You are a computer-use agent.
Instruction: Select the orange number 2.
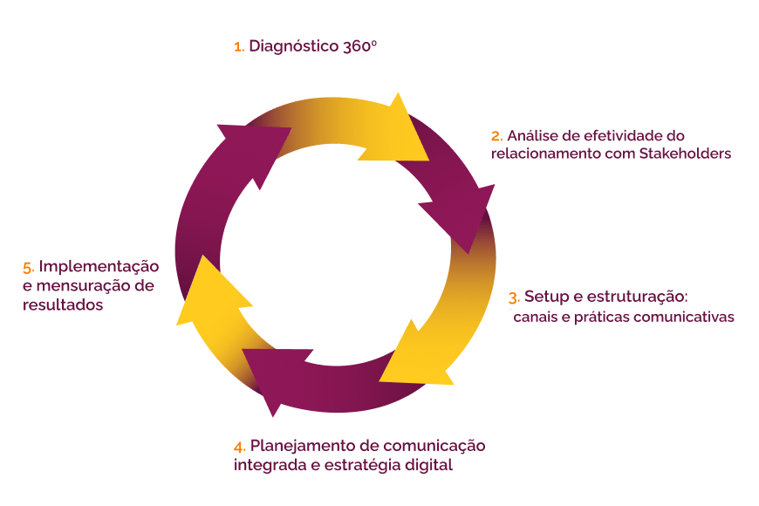coord(496,136)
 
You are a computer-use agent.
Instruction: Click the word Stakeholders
coord(682,154)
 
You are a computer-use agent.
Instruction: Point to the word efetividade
coord(608,136)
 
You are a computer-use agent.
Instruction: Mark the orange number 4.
coord(240,447)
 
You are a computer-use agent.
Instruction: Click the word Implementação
coord(99,266)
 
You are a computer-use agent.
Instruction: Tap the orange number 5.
coord(28,267)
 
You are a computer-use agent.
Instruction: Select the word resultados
coord(63,305)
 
